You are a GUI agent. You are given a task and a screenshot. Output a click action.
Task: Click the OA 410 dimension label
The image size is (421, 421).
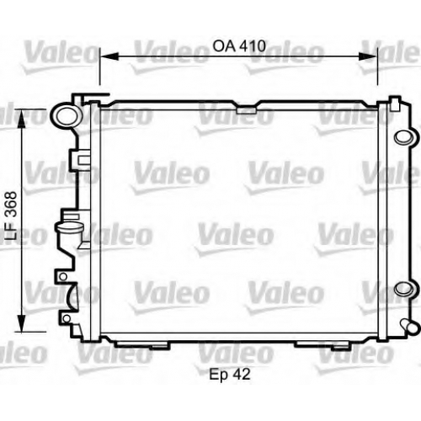click(239, 46)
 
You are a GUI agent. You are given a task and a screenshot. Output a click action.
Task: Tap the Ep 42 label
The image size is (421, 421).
click(229, 375)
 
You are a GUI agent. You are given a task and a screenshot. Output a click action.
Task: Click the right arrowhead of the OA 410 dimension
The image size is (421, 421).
click(368, 56)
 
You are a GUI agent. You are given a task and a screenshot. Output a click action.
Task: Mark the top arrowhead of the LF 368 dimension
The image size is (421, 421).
click(21, 119)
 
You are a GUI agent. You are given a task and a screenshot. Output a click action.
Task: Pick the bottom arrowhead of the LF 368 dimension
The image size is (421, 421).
click(21, 322)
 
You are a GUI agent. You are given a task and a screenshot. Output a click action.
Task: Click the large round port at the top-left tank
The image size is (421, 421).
click(66, 116)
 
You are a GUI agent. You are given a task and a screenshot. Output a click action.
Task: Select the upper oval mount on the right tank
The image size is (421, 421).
click(404, 137)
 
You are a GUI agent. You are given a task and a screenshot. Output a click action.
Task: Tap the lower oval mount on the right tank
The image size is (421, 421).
click(404, 289)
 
